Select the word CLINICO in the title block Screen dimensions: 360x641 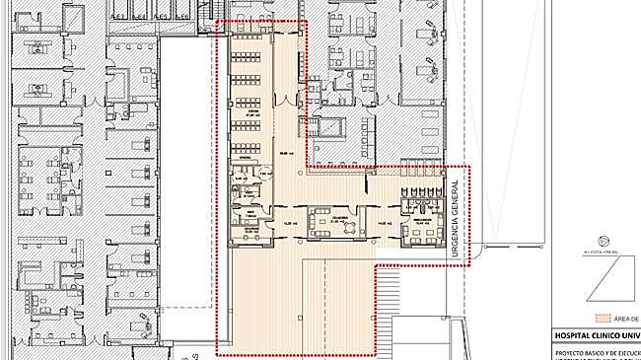pos(615,336)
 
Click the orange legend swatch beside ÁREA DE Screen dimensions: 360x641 pos(602,319)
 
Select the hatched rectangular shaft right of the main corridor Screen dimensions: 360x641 pos(332,128)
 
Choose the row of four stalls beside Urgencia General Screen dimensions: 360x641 pos(422,192)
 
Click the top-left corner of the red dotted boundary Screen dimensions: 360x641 pos(216,22)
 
